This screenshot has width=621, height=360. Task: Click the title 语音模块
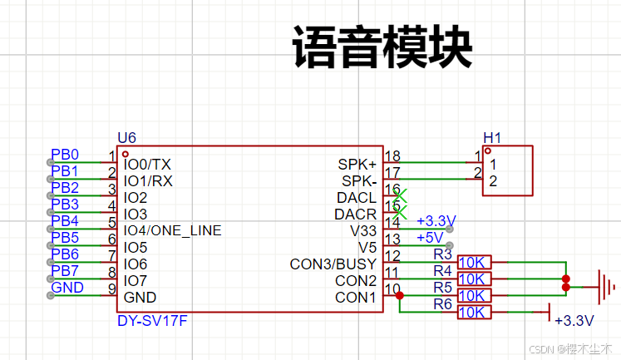(382, 48)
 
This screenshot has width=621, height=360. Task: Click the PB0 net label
(65, 155)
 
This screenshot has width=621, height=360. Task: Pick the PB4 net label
(65, 221)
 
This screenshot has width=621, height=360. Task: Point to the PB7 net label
(65, 271)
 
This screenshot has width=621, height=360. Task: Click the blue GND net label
(67, 288)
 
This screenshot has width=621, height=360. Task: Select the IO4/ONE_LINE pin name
(172, 230)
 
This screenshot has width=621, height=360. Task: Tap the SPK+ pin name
(357, 164)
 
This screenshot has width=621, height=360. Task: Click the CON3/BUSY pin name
(333, 264)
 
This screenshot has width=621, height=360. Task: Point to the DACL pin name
(357, 198)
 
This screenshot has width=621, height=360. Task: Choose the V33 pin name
(363, 230)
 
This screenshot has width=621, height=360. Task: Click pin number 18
(392, 156)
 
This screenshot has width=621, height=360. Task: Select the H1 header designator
(492, 138)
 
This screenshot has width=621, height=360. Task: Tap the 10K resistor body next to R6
(474, 313)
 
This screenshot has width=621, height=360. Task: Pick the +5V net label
(431, 237)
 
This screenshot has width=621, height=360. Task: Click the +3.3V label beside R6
(574, 320)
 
